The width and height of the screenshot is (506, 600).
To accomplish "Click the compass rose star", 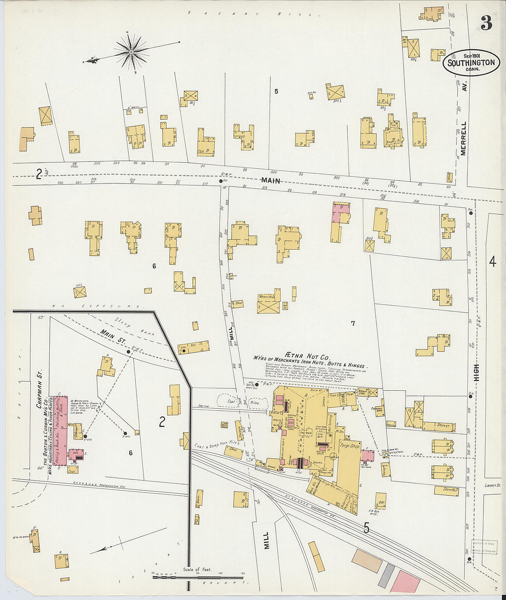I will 132,51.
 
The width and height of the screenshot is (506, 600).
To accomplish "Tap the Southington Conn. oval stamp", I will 471,63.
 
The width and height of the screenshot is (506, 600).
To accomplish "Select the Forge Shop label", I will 350,445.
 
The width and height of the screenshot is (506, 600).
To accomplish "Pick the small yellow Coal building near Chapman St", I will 72,470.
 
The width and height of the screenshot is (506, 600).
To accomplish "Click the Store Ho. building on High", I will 445,490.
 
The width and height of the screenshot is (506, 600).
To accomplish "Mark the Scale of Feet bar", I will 198,577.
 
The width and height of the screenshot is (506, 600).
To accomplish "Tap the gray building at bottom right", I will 387,575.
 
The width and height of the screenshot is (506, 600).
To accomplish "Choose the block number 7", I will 353,324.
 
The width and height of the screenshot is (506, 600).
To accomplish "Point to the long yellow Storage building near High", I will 439,426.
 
